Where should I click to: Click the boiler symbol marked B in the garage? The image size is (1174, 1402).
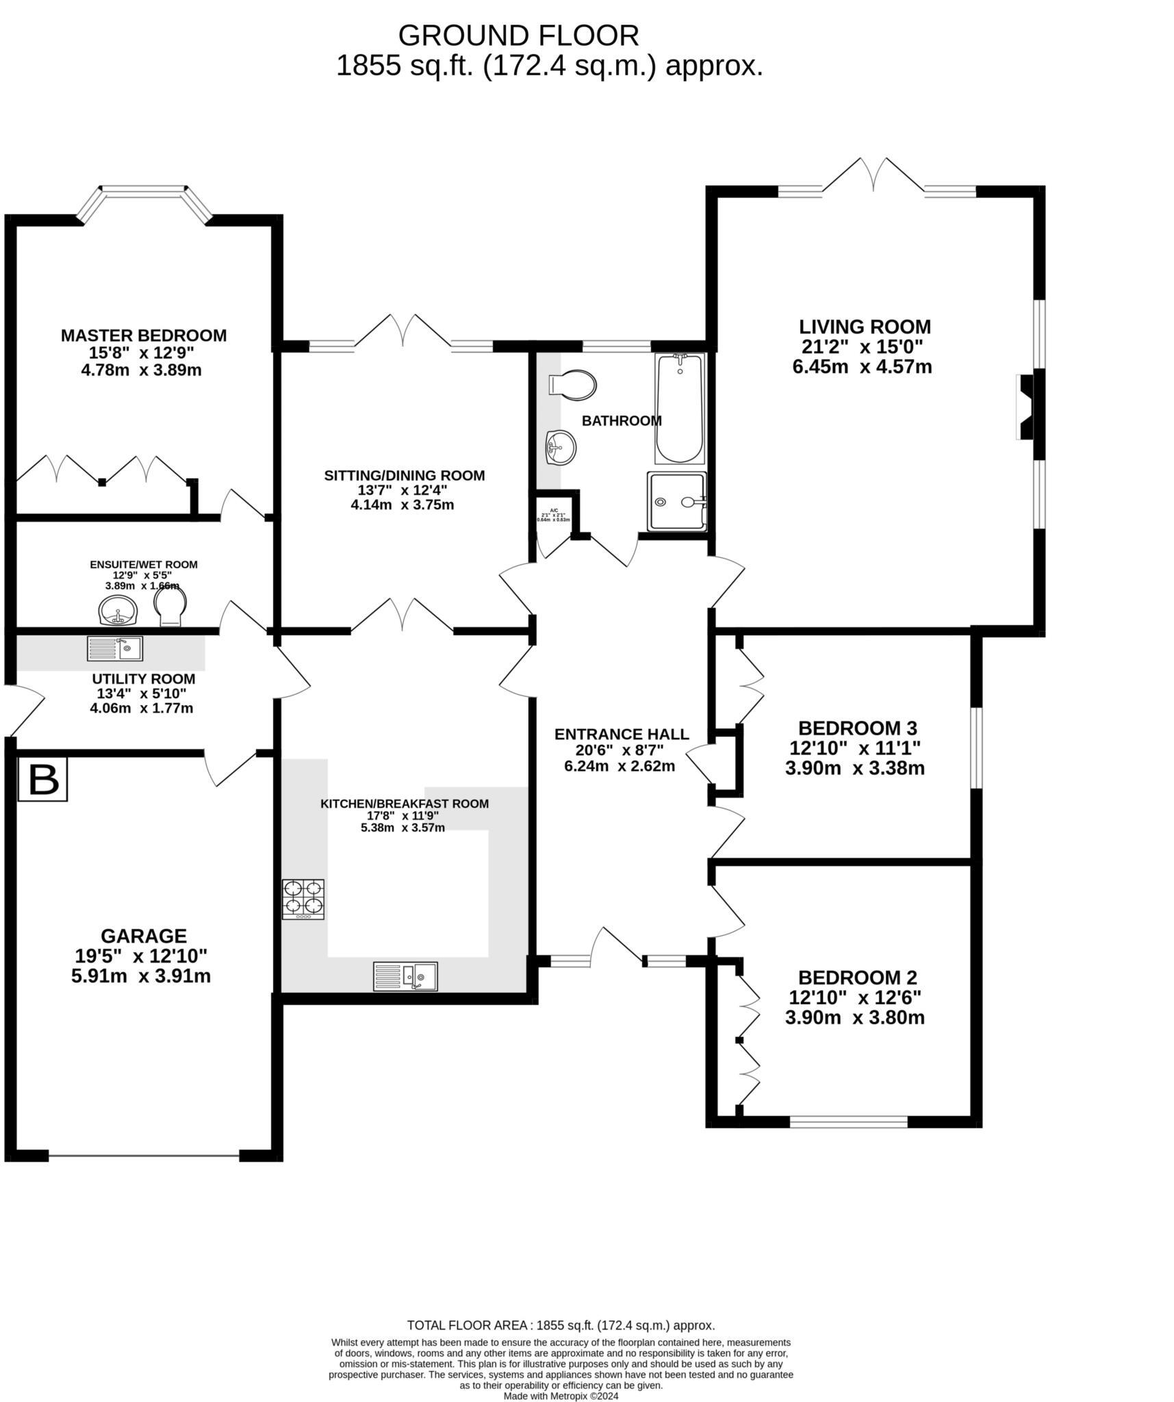pos(42,779)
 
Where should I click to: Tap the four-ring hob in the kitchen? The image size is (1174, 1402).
pos(303,899)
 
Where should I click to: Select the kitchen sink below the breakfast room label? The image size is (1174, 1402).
pos(405,976)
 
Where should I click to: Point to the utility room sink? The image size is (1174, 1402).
pos(115,648)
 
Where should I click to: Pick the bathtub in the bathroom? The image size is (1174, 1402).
pos(679,409)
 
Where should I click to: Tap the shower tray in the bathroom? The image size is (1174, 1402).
pos(676,501)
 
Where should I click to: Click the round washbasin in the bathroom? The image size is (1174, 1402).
pos(561,448)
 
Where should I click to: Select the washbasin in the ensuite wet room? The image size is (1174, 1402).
pos(118,611)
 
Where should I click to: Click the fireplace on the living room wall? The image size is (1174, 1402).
pos(1029,407)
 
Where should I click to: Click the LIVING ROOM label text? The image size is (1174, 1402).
pos(865,327)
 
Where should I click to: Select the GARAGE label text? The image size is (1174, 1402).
pos(143,935)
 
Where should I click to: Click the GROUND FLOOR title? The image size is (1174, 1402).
pos(518,34)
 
